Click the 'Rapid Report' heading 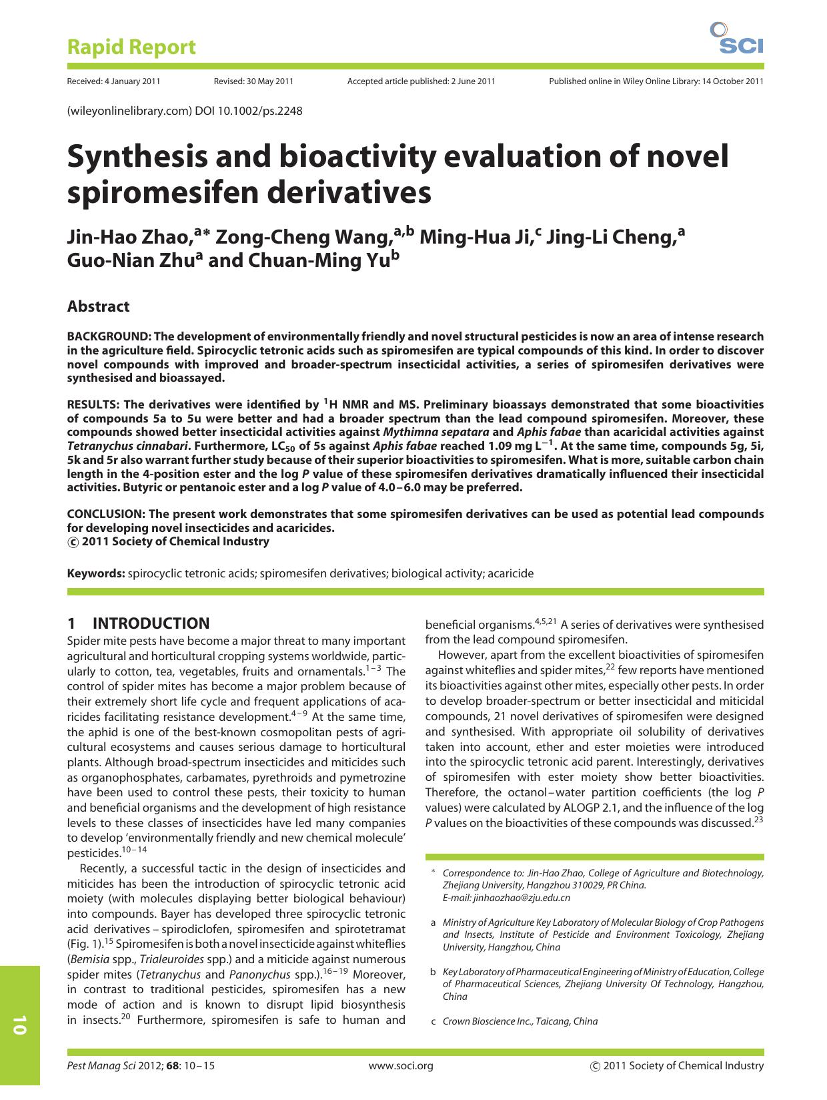click(x=131, y=47)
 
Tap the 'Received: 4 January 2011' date click(x=113, y=81)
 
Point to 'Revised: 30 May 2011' click(x=253, y=81)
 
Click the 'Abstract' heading click(x=98, y=306)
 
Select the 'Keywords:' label click(x=96, y=573)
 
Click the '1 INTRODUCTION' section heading click(x=138, y=623)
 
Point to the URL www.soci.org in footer click(x=401, y=1066)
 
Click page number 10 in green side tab click(x=19, y=1025)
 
